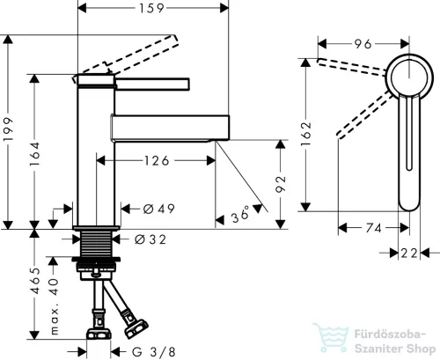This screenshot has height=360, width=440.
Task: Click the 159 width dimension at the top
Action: point(151,8)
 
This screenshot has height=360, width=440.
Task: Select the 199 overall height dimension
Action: point(9,129)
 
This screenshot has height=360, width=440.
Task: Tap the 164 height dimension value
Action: point(35,154)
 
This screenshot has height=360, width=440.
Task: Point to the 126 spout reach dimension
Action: point(157,161)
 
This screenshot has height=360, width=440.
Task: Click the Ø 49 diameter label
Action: point(158,209)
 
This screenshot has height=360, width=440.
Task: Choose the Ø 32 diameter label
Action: point(150,239)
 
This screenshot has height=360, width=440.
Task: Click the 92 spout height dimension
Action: point(281,184)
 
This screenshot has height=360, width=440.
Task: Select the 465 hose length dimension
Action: point(35,281)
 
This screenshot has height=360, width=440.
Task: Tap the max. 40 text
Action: point(55,306)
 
